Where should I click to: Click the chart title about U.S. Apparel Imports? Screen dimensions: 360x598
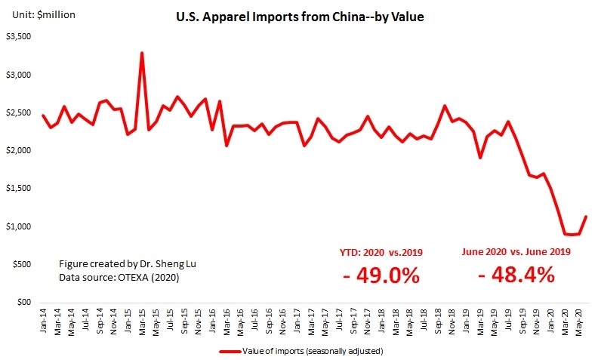[298, 17]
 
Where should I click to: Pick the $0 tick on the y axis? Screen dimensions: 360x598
[24, 302]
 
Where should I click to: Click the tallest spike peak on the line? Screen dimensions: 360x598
[142, 53]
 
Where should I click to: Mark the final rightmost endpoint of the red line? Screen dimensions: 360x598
[586, 217]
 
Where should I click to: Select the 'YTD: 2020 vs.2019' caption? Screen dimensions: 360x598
[381, 252]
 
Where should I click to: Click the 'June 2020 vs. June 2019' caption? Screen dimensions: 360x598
[516, 252]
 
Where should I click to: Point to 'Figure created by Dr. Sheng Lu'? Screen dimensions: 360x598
[123, 265]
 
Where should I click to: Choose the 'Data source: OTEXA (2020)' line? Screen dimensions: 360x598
[117, 278]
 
